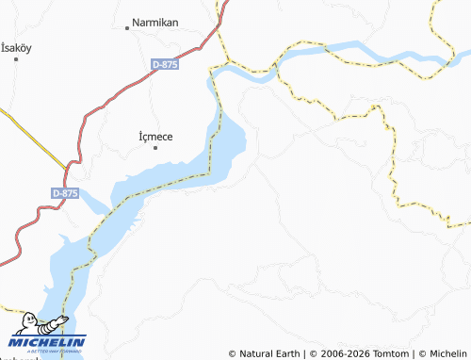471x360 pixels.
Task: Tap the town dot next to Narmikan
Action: click(x=127, y=28)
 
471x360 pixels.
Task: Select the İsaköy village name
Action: click(x=17, y=47)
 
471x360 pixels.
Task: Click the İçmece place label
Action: click(x=156, y=136)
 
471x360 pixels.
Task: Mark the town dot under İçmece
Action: click(x=156, y=147)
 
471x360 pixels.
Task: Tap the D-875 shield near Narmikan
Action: click(x=166, y=64)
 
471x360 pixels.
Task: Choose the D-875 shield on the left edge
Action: click(x=65, y=192)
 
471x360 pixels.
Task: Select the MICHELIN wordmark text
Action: click(x=50, y=341)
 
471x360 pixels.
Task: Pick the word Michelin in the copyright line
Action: click(x=447, y=353)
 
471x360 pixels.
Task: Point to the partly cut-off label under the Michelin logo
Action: click(x=19, y=357)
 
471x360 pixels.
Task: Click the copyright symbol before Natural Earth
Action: click(x=233, y=353)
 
